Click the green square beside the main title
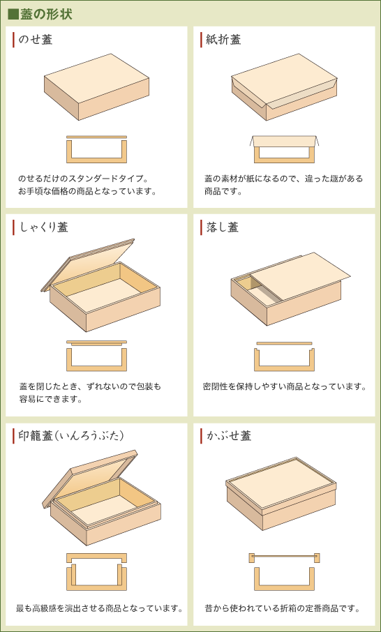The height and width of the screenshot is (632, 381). [x=13, y=14]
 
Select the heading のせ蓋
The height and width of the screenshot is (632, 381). [x=36, y=40]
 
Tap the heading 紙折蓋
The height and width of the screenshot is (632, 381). [x=224, y=40]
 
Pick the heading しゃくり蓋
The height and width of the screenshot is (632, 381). [x=44, y=227]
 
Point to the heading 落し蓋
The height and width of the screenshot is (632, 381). [x=223, y=227]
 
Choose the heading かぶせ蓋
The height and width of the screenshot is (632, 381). [x=229, y=436]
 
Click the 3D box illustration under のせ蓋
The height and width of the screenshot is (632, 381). [x=96, y=86]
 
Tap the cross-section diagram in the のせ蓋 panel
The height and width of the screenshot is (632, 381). [x=96, y=149]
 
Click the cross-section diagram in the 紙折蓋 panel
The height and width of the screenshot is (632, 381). [x=284, y=149]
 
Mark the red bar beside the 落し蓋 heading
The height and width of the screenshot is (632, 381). [x=202, y=227]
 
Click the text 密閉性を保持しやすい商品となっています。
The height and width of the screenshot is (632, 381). [x=285, y=386]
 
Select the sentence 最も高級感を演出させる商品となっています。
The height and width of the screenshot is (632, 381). [x=99, y=608]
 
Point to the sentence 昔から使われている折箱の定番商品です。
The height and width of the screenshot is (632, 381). [x=283, y=608]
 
